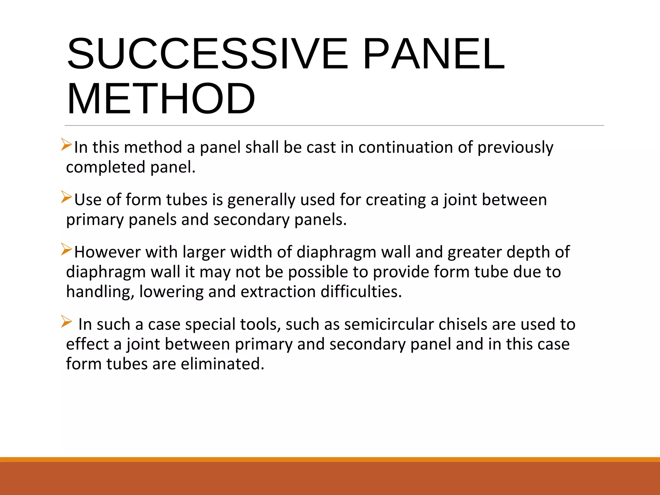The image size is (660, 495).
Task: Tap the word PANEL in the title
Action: (x=433, y=54)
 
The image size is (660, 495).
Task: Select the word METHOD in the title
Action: (x=161, y=99)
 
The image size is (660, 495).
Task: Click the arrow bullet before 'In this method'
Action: (x=66, y=144)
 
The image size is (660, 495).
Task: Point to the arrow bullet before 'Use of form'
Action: (x=66, y=197)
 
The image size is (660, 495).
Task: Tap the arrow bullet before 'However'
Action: (x=66, y=249)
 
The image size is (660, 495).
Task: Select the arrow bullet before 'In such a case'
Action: (x=66, y=322)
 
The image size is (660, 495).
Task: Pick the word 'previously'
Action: (x=515, y=148)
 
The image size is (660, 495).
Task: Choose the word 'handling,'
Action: (x=100, y=292)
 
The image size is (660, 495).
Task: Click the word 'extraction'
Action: (x=278, y=292)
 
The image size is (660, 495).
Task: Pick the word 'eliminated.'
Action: (x=223, y=364)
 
